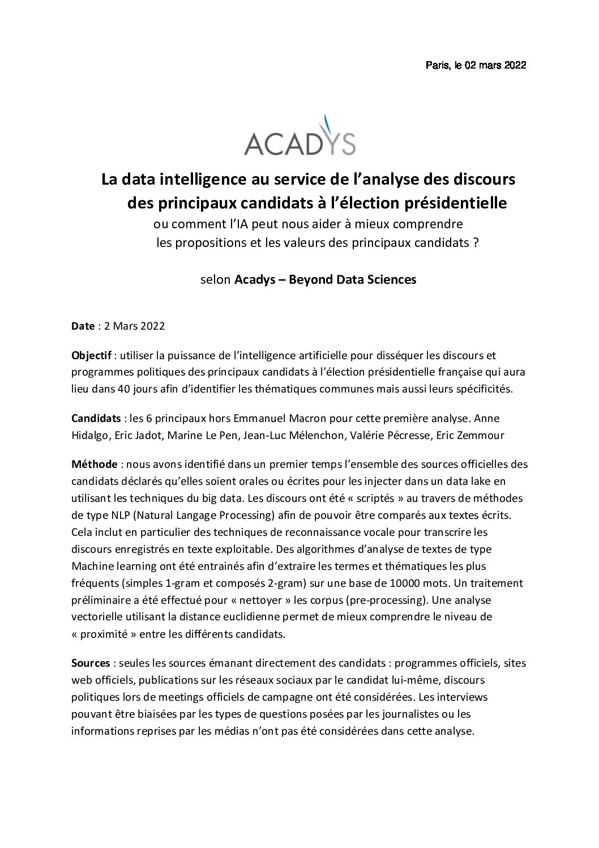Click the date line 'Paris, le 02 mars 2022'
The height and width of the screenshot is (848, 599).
[x=476, y=66]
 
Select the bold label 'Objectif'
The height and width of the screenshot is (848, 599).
[x=91, y=356]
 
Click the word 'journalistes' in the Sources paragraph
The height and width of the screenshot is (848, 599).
[x=404, y=714]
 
